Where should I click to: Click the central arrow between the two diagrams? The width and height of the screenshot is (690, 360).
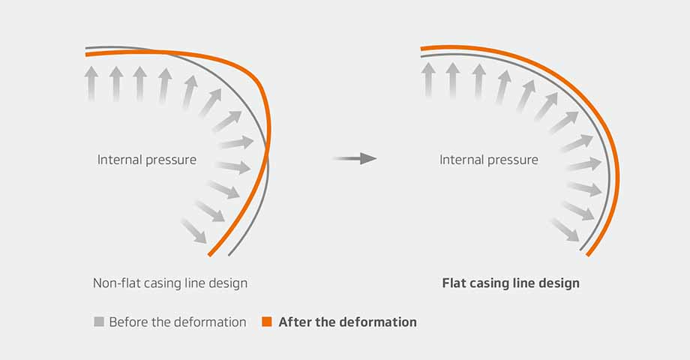[x=355, y=158]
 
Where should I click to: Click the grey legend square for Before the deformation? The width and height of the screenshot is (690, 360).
[x=98, y=322]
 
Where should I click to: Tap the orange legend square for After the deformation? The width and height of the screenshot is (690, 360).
[x=266, y=322]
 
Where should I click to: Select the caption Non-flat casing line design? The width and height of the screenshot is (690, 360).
[x=169, y=283]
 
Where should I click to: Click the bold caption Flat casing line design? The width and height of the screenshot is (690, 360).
[x=511, y=283]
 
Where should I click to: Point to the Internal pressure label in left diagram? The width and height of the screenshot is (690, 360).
[x=147, y=160]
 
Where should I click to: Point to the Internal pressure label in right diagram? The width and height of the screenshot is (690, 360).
[x=489, y=160]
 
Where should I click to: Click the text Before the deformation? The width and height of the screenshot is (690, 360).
[x=178, y=322]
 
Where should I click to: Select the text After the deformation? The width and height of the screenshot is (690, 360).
[x=347, y=322]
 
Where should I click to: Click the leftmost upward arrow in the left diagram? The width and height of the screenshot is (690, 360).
[x=91, y=82]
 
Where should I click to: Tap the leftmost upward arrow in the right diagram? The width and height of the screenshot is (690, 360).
[x=428, y=79]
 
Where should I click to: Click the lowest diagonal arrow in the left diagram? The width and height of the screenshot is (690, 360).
[x=193, y=230]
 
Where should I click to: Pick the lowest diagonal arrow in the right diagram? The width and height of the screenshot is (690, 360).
[x=564, y=229]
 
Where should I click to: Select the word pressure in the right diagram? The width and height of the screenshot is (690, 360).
[x=514, y=160]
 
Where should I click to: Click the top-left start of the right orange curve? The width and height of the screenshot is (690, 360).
[x=422, y=48]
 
